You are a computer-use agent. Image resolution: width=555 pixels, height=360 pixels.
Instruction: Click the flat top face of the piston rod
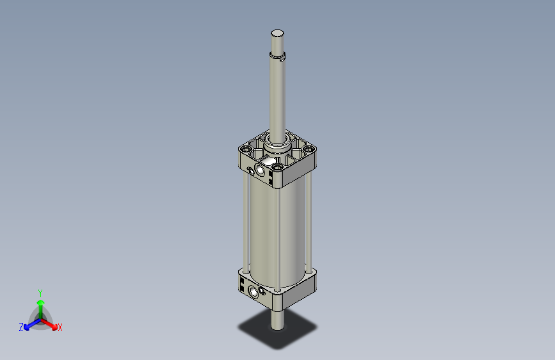coord(277,33)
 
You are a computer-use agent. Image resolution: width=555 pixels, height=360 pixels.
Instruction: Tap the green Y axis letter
coord(40,293)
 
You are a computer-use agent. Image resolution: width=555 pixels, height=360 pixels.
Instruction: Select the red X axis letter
coord(60,328)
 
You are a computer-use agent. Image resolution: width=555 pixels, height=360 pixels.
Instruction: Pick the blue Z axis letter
coord(21,327)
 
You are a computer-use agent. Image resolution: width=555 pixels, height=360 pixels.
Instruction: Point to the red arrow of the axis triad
coord(52,323)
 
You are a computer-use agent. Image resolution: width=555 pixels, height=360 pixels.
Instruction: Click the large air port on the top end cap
coord(261,170)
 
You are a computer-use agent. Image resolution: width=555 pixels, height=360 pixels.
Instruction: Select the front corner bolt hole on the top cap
coord(277,168)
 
